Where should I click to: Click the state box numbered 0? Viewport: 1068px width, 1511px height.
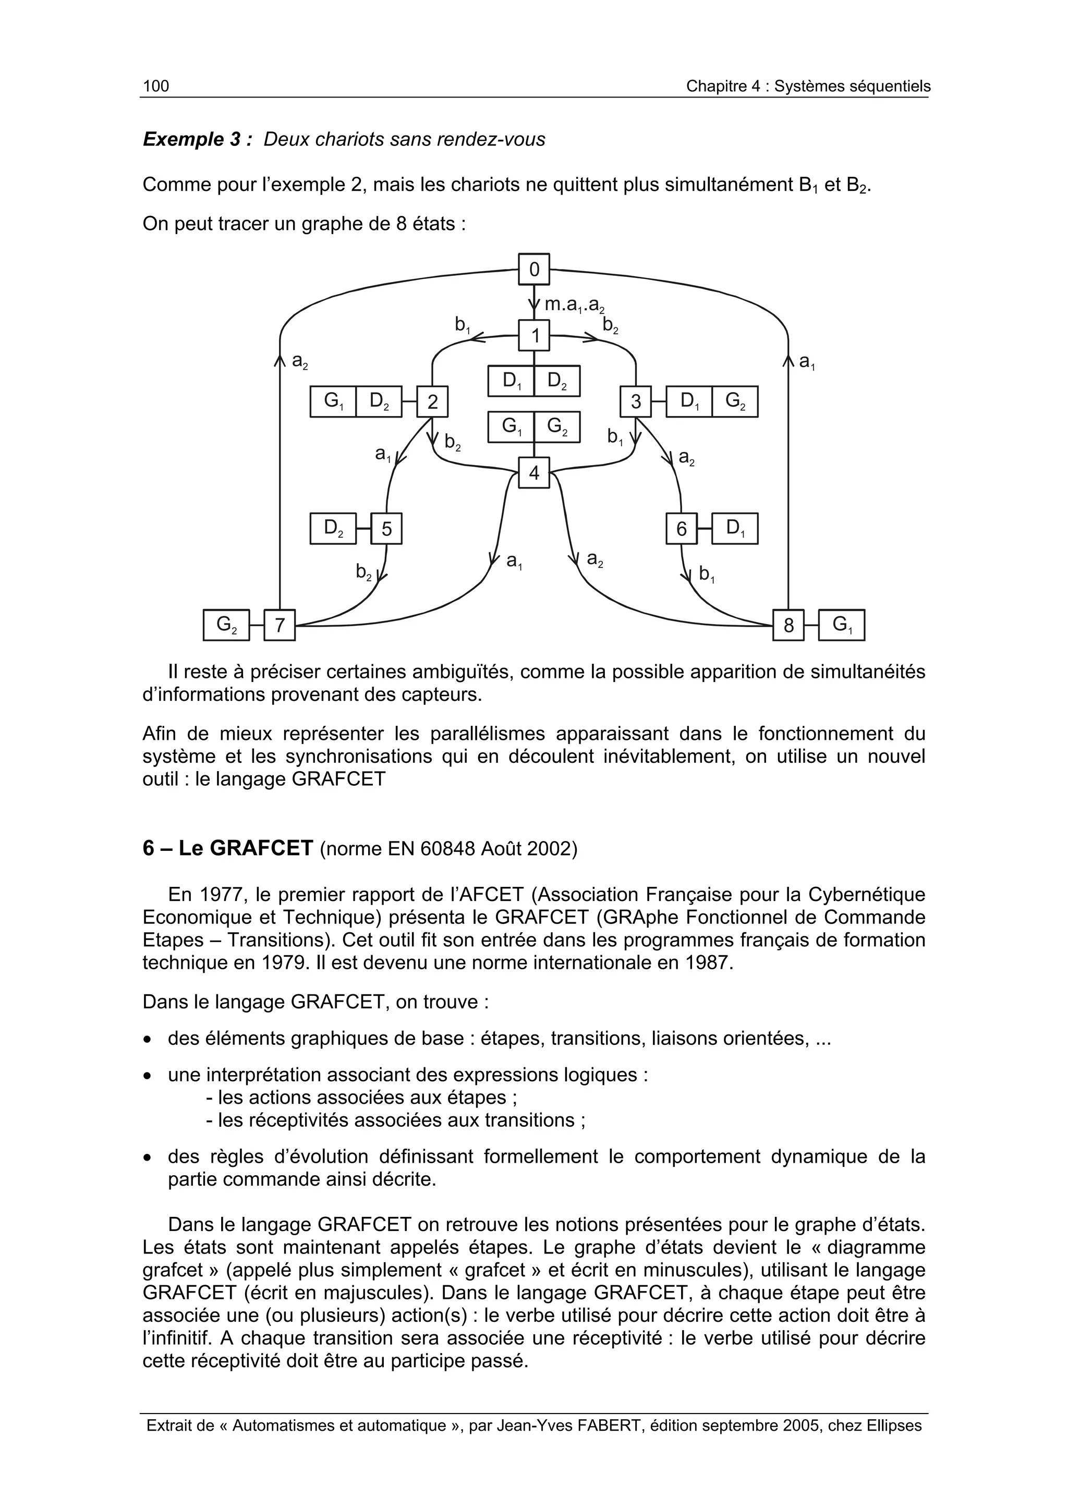pyautogui.click(x=533, y=269)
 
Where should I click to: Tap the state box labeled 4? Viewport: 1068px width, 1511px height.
pyautogui.click(x=533, y=472)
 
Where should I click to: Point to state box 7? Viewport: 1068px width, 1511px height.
pyautogui.click(x=280, y=625)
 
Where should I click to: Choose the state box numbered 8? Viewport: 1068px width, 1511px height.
pyautogui.click(x=788, y=625)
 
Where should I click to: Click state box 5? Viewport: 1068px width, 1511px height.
pyautogui.click(x=386, y=529)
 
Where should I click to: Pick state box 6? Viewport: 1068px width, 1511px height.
pyautogui.click(x=682, y=529)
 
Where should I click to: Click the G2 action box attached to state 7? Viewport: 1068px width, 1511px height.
pyautogui.click(x=226, y=625)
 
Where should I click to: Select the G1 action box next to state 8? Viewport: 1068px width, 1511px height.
pyautogui.click(x=842, y=625)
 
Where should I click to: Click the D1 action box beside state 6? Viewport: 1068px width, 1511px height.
pyautogui.click(x=735, y=529)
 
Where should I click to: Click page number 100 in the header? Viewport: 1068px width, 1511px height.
pyautogui.click(x=156, y=86)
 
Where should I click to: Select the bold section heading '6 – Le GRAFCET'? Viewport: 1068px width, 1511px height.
pyautogui.click(x=228, y=849)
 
